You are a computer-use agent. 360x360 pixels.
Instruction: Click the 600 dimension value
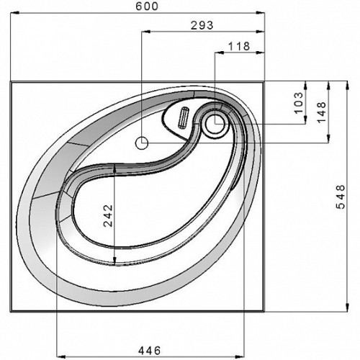(147, 6)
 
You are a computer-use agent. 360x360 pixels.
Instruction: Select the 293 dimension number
(202, 25)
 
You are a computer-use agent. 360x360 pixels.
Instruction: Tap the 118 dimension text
(239, 46)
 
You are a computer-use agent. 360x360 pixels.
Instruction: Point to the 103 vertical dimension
(299, 103)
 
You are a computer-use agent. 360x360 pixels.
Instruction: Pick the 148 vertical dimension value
(322, 112)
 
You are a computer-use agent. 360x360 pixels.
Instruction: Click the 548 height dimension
(341, 197)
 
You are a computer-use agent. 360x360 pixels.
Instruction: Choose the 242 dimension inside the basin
(108, 215)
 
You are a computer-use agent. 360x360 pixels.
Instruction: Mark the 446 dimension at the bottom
(149, 351)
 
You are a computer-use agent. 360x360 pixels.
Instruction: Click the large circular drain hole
(215, 123)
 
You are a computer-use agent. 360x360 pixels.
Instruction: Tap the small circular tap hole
(142, 143)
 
